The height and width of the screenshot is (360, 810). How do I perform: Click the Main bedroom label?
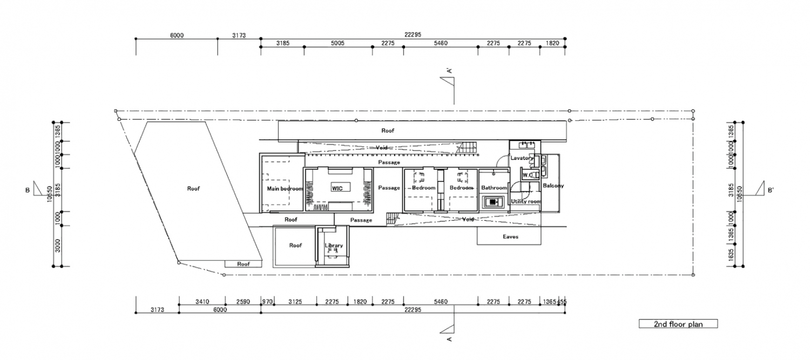click(x=285, y=189)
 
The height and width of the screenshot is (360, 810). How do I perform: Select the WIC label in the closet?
click(x=337, y=187)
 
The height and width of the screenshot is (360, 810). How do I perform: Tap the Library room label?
click(x=334, y=246)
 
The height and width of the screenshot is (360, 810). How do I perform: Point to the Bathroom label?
click(x=494, y=188)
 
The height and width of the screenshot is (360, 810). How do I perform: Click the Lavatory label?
click(x=522, y=158)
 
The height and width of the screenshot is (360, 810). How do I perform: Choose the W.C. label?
click(x=527, y=175)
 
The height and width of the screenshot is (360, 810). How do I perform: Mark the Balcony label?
click(x=553, y=186)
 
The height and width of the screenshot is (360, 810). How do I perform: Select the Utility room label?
click(x=526, y=201)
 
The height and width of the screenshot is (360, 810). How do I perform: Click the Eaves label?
click(x=511, y=236)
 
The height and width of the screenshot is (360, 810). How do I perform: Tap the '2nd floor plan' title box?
click(x=678, y=324)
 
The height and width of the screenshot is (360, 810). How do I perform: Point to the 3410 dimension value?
click(x=202, y=302)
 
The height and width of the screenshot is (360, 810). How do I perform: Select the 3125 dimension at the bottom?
click(x=295, y=302)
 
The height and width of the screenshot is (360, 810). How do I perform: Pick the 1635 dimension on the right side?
click(x=731, y=255)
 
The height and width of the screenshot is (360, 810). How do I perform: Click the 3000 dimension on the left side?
click(x=57, y=246)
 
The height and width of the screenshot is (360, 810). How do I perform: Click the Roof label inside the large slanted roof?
click(x=193, y=188)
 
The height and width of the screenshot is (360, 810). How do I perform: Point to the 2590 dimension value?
click(x=243, y=302)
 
